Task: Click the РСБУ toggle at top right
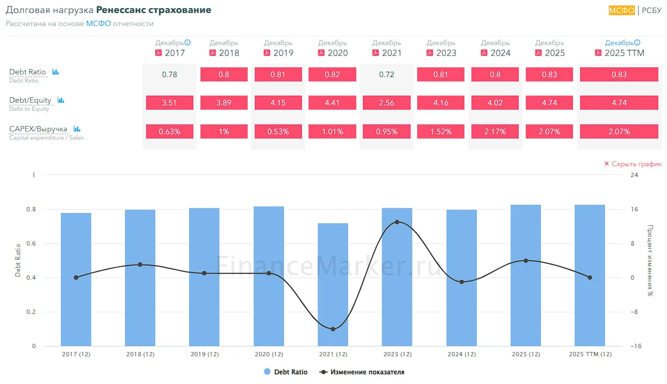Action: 651,10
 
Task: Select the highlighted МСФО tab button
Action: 621,10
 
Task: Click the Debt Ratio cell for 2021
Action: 387,74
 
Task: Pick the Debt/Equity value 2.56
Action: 387,103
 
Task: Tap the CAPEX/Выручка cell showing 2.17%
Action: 495,131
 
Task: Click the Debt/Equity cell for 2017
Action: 169,103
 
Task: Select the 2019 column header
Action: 279,48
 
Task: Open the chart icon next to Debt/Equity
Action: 61,100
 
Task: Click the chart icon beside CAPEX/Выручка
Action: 77,129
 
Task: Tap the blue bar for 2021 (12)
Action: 333,285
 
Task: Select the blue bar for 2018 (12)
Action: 140,278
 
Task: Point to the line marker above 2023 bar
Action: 397,222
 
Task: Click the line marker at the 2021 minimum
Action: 333,329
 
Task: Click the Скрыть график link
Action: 633,163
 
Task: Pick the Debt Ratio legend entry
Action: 286,372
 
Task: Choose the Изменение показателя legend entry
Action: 362,372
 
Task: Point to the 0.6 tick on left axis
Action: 31,243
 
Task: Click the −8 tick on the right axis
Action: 634,312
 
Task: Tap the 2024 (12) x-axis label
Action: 462,354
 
